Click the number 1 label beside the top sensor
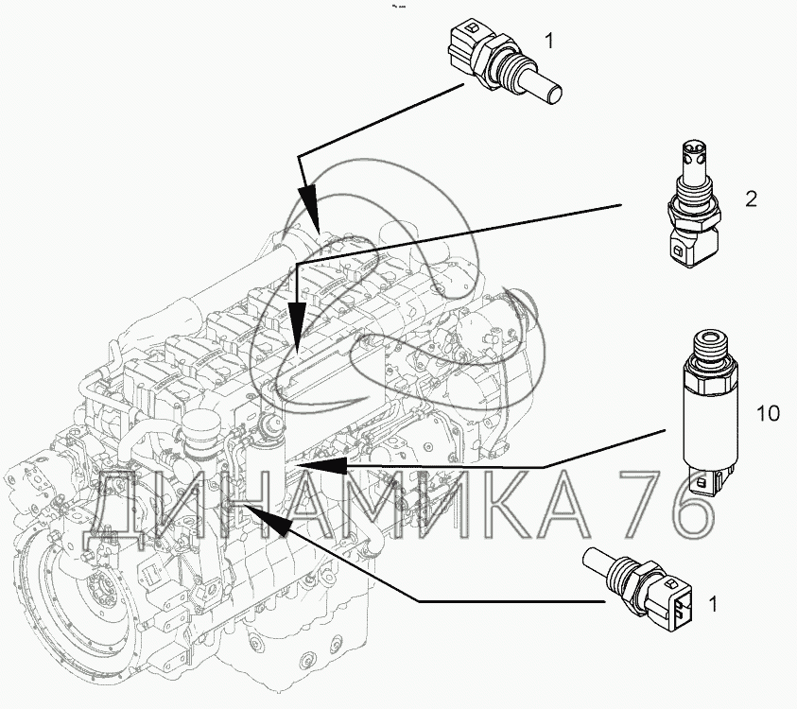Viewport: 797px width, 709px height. (x=549, y=41)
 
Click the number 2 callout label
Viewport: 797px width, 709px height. (x=752, y=199)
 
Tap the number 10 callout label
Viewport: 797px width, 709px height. (x=768, y=413)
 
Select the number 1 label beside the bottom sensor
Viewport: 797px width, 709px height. (x=714, y=604)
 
